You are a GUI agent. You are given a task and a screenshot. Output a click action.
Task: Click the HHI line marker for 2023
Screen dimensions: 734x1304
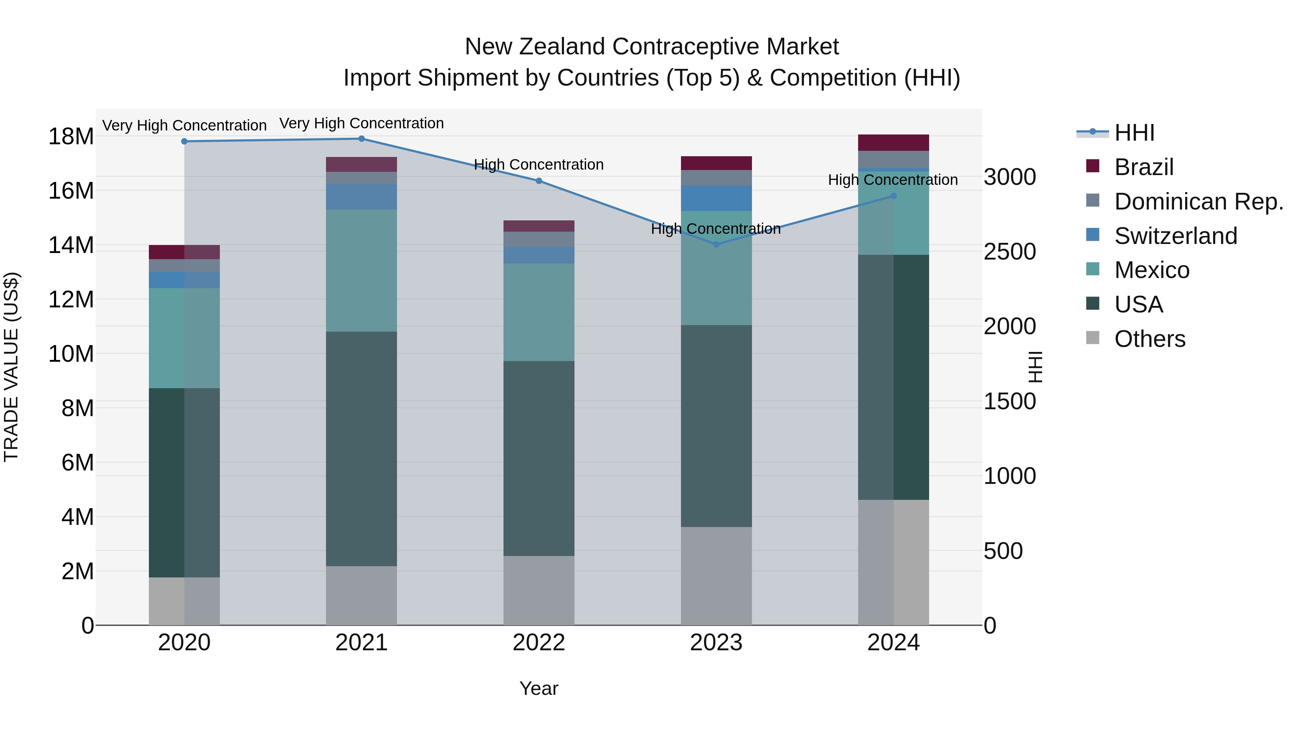[x=716, y=244]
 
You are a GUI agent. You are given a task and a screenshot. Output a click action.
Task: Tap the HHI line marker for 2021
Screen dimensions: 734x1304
[x=361, y=139]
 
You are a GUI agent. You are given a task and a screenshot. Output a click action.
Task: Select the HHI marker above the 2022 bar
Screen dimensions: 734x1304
[x=539, y=181]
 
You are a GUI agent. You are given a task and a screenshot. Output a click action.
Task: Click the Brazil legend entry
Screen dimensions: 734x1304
[x=1144, y=167]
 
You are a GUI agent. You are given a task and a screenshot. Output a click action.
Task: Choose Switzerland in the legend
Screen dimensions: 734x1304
[x=1175, y=236]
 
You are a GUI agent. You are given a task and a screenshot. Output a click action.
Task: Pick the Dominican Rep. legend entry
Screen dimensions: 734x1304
[x=1198, y=202]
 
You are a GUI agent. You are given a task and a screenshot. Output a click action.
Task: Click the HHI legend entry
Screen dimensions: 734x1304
[x=1134, y=133]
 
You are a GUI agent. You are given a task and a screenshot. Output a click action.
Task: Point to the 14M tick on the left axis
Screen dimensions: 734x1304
[x=71, y=245]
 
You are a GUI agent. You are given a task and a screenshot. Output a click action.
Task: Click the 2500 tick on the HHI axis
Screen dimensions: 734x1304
[x=1010, y=252]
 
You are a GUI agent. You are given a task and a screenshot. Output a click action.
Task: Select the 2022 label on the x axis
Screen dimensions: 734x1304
[x=539, y=642]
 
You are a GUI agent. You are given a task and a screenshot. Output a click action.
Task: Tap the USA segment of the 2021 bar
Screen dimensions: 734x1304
[x=361, y=448]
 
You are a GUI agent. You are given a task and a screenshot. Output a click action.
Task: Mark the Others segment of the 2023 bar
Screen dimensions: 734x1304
[x=716, y=576]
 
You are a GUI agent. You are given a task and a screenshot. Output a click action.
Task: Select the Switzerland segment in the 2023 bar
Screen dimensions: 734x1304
[x=716, y=198]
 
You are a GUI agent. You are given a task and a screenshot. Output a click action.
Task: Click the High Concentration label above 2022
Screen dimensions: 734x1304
[x=539, y=165]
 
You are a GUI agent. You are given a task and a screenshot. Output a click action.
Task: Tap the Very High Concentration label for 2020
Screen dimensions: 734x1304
[x=184, y=125]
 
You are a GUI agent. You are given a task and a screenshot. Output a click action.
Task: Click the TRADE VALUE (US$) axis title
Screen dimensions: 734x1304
[x=11, y=367]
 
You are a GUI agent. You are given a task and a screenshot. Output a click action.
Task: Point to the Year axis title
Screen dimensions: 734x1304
[x=539, y=688]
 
